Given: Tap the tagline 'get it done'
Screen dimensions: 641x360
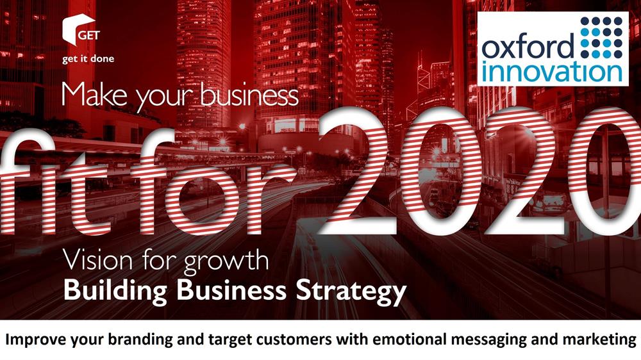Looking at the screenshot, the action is [x=88, y=59].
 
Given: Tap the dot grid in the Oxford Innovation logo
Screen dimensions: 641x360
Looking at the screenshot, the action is [x=601, y=37].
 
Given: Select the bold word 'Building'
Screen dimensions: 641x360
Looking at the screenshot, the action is [x=115, y=291].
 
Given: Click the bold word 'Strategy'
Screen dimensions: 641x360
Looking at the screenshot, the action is [x=351, y=291].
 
